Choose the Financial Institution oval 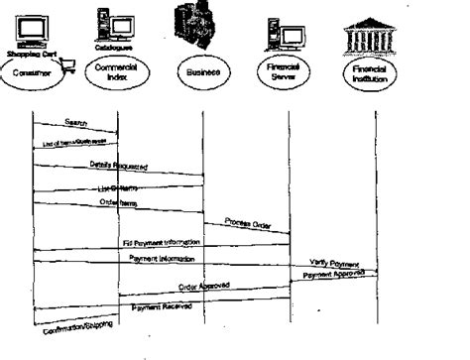coord(376,72)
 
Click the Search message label coord(76,122)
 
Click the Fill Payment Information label coord(159,242)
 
